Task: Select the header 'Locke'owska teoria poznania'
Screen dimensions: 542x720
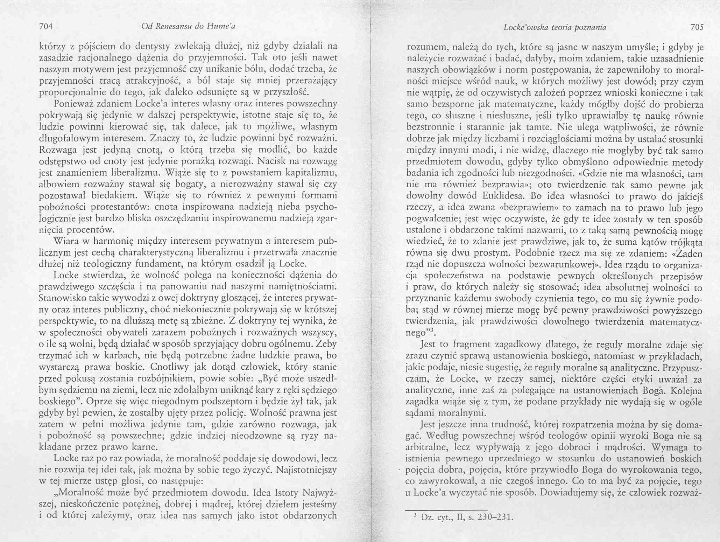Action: [x=555, y=27]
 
